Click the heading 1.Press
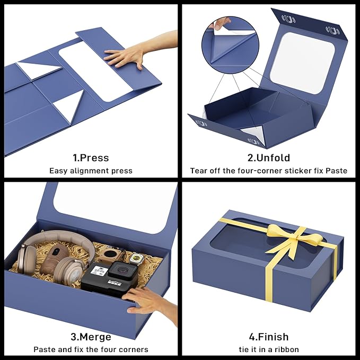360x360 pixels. coord(91,158)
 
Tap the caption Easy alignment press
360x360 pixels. coord(91,171)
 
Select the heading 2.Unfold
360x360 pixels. coord(269,158)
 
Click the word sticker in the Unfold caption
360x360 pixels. coord(297,171)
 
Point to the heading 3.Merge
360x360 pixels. coord(91,337)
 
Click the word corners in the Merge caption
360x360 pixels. coord(134,349)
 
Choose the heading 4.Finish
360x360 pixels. coord(269,337)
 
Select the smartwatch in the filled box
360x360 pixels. coord(136,259)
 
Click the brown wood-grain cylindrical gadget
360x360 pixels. coord(55,259)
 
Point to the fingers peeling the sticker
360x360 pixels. coord(221,23)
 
